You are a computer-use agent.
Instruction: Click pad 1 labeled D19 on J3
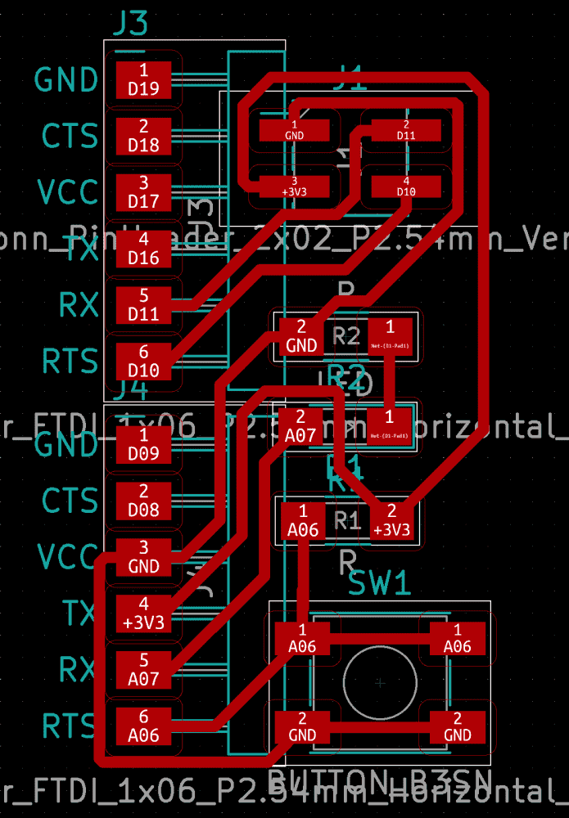coord(143,79)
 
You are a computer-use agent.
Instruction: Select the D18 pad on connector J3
coord(143,136)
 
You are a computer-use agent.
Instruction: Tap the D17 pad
coord(143,192)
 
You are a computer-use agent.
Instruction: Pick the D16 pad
coord(143,249)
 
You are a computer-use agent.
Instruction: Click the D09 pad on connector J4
coord(143,443)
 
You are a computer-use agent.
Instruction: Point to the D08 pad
coord(143,501)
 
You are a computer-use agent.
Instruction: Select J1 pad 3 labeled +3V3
coord(294,185)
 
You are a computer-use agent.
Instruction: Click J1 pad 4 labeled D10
coord(406,185)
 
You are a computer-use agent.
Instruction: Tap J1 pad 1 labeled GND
coord(294,129)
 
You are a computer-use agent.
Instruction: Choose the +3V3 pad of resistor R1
coord(391,519)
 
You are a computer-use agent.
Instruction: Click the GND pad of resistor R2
coord(301,336)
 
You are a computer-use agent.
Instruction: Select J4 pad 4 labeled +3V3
coord(143,613)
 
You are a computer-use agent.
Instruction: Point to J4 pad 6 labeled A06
coord(143,726)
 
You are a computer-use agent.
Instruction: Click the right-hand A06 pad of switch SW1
coord(457,638)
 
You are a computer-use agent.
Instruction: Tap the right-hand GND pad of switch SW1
coord(457,726)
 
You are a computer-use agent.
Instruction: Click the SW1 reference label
coord(380,584)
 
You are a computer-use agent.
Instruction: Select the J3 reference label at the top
coord(129,25)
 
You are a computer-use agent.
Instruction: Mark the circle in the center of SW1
coord(379,682)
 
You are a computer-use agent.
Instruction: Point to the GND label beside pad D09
coord(66,445)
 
